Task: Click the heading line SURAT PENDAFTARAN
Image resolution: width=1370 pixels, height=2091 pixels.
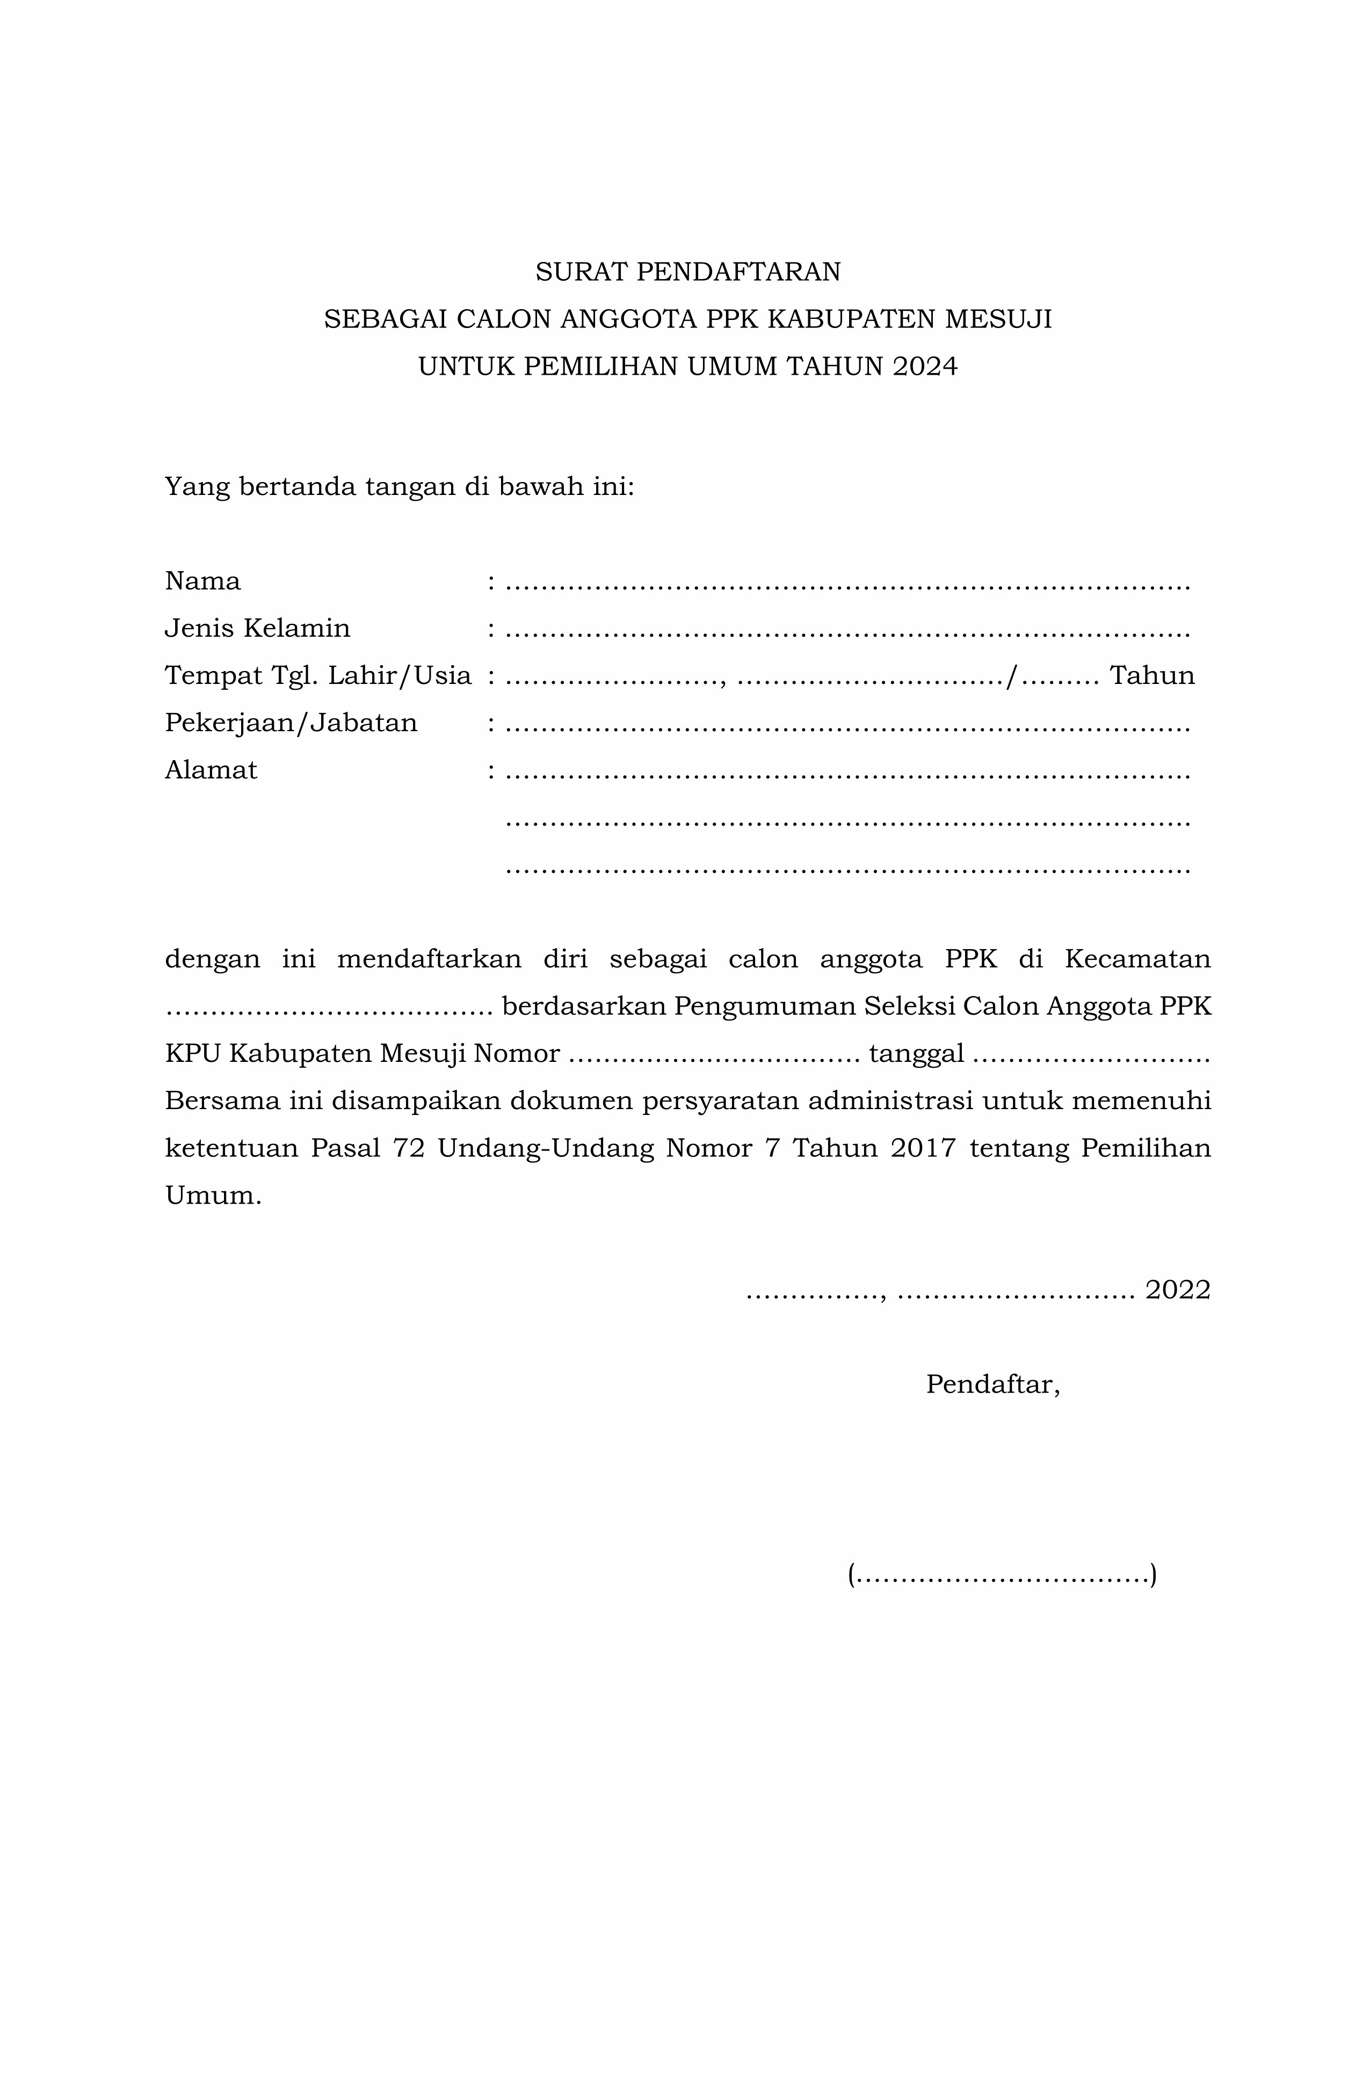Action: pyautogui.click(x=687, y=272)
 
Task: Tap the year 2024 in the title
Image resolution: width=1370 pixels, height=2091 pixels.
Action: pyautogui.click(x=924, y=366)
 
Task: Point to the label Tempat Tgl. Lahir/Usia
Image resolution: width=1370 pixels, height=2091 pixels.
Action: pyautogui.click(x=318, y=676)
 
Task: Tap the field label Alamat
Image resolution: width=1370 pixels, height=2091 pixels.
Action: pyautogui.click(x=211, y=770)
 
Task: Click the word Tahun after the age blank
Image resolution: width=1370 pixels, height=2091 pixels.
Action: pyautogui.click(x=1151, y=676)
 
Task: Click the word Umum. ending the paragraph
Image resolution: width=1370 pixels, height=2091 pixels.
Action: pyautogui.click(x=213, y=1196)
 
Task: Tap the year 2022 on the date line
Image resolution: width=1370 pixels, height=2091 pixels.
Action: pyautogui.click(x=1178, y=1289)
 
